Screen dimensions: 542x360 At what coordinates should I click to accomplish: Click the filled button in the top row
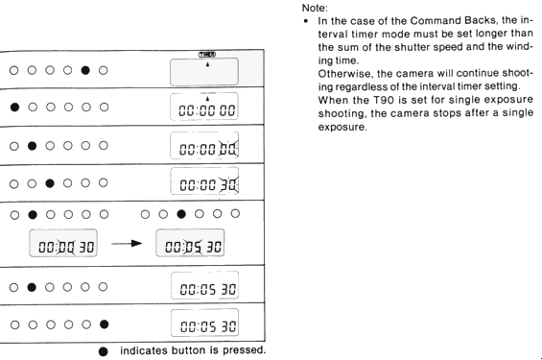pyautogui.click(x=85, y=70)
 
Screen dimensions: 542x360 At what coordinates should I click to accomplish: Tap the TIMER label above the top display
pyautogui.click(x=207, y=55)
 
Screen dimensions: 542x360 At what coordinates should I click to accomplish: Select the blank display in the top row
pyautogui.click(x=204, y=72)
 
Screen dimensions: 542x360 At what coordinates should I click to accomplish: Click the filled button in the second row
pyautogui.click(x=14, y=108)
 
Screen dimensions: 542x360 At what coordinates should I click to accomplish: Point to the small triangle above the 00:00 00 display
pyautogui.click(x=207, y=99)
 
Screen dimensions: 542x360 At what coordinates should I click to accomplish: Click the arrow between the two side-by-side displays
pyautogui.click(x=127, y=244)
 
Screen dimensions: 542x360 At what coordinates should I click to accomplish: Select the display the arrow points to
pyautogui.click(x=190, y=243)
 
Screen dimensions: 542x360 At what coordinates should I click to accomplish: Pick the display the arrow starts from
pyautogui.click(x=63, y=243)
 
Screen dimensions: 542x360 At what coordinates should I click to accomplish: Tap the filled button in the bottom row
pyautogui.click(x=104, y=324)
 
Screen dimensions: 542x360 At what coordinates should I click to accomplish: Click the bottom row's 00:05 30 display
pyautogui.click(x=204, y=323)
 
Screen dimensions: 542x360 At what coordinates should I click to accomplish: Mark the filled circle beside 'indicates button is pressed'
pyautogui.click(x=103, y=351)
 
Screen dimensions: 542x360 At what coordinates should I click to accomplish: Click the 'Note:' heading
pyautogui.click(x=315, y=8)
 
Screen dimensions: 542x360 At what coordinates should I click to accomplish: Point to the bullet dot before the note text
pyautogui.click(x=306, y=21)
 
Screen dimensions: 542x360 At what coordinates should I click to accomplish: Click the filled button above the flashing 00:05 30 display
pyautogui.click(x=181, y=214)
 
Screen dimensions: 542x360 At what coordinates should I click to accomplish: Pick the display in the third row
pyautogui.click(x=204, y=146)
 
